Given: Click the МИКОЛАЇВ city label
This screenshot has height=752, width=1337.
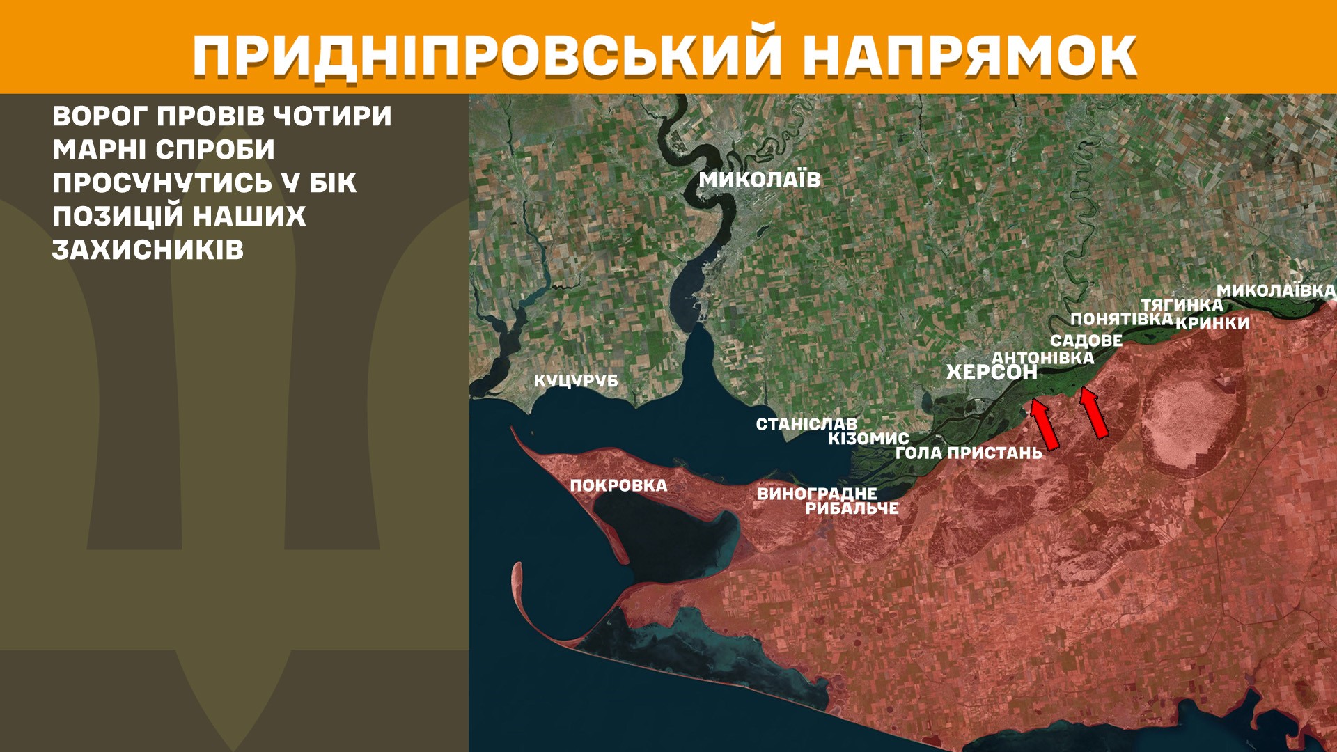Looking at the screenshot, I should pyautogui.click(x=760, y=180).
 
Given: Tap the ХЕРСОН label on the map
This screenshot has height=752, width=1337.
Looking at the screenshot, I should pyautogui.click(x=992, y=373).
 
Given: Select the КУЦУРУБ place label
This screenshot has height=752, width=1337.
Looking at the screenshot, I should pyautogui.click(x=576, y=381).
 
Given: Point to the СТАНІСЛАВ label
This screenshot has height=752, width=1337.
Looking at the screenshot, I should pyautogui.click(x=806, y=424).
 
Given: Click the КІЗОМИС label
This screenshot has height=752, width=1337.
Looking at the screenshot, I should pyautogui.click(x=868, y=439).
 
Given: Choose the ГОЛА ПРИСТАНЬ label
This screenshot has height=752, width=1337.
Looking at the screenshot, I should pyautogui.click(x=969, y=453).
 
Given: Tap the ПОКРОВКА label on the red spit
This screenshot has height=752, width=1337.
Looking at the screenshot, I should pyautogui.click(x=618, y=485).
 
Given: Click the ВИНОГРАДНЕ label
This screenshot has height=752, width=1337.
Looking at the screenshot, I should pyautogui.click(x=817, y=494).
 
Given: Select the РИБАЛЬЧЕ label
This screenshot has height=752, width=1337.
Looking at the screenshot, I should pyautogui.click(x=852, y=508).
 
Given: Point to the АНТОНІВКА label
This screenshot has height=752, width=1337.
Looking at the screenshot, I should pyautogui.click(x=1042, y=358).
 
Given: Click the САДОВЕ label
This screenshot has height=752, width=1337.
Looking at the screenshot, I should pyautogui.click(x=1086, y=340).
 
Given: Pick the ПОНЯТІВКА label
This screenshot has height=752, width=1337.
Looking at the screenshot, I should pyautogui.click(x=1121, y=319).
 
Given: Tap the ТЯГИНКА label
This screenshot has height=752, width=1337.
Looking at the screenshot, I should pyautogui.click(x=1182, y=305).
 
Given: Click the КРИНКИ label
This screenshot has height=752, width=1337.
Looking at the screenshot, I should pyautogui.click(x=1212, y=323).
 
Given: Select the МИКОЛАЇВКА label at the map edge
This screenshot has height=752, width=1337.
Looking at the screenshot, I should pyautogui.click(x=1276, y=290).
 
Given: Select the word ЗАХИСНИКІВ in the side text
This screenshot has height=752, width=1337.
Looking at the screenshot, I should pyautogui.click(x=148, y=250).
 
